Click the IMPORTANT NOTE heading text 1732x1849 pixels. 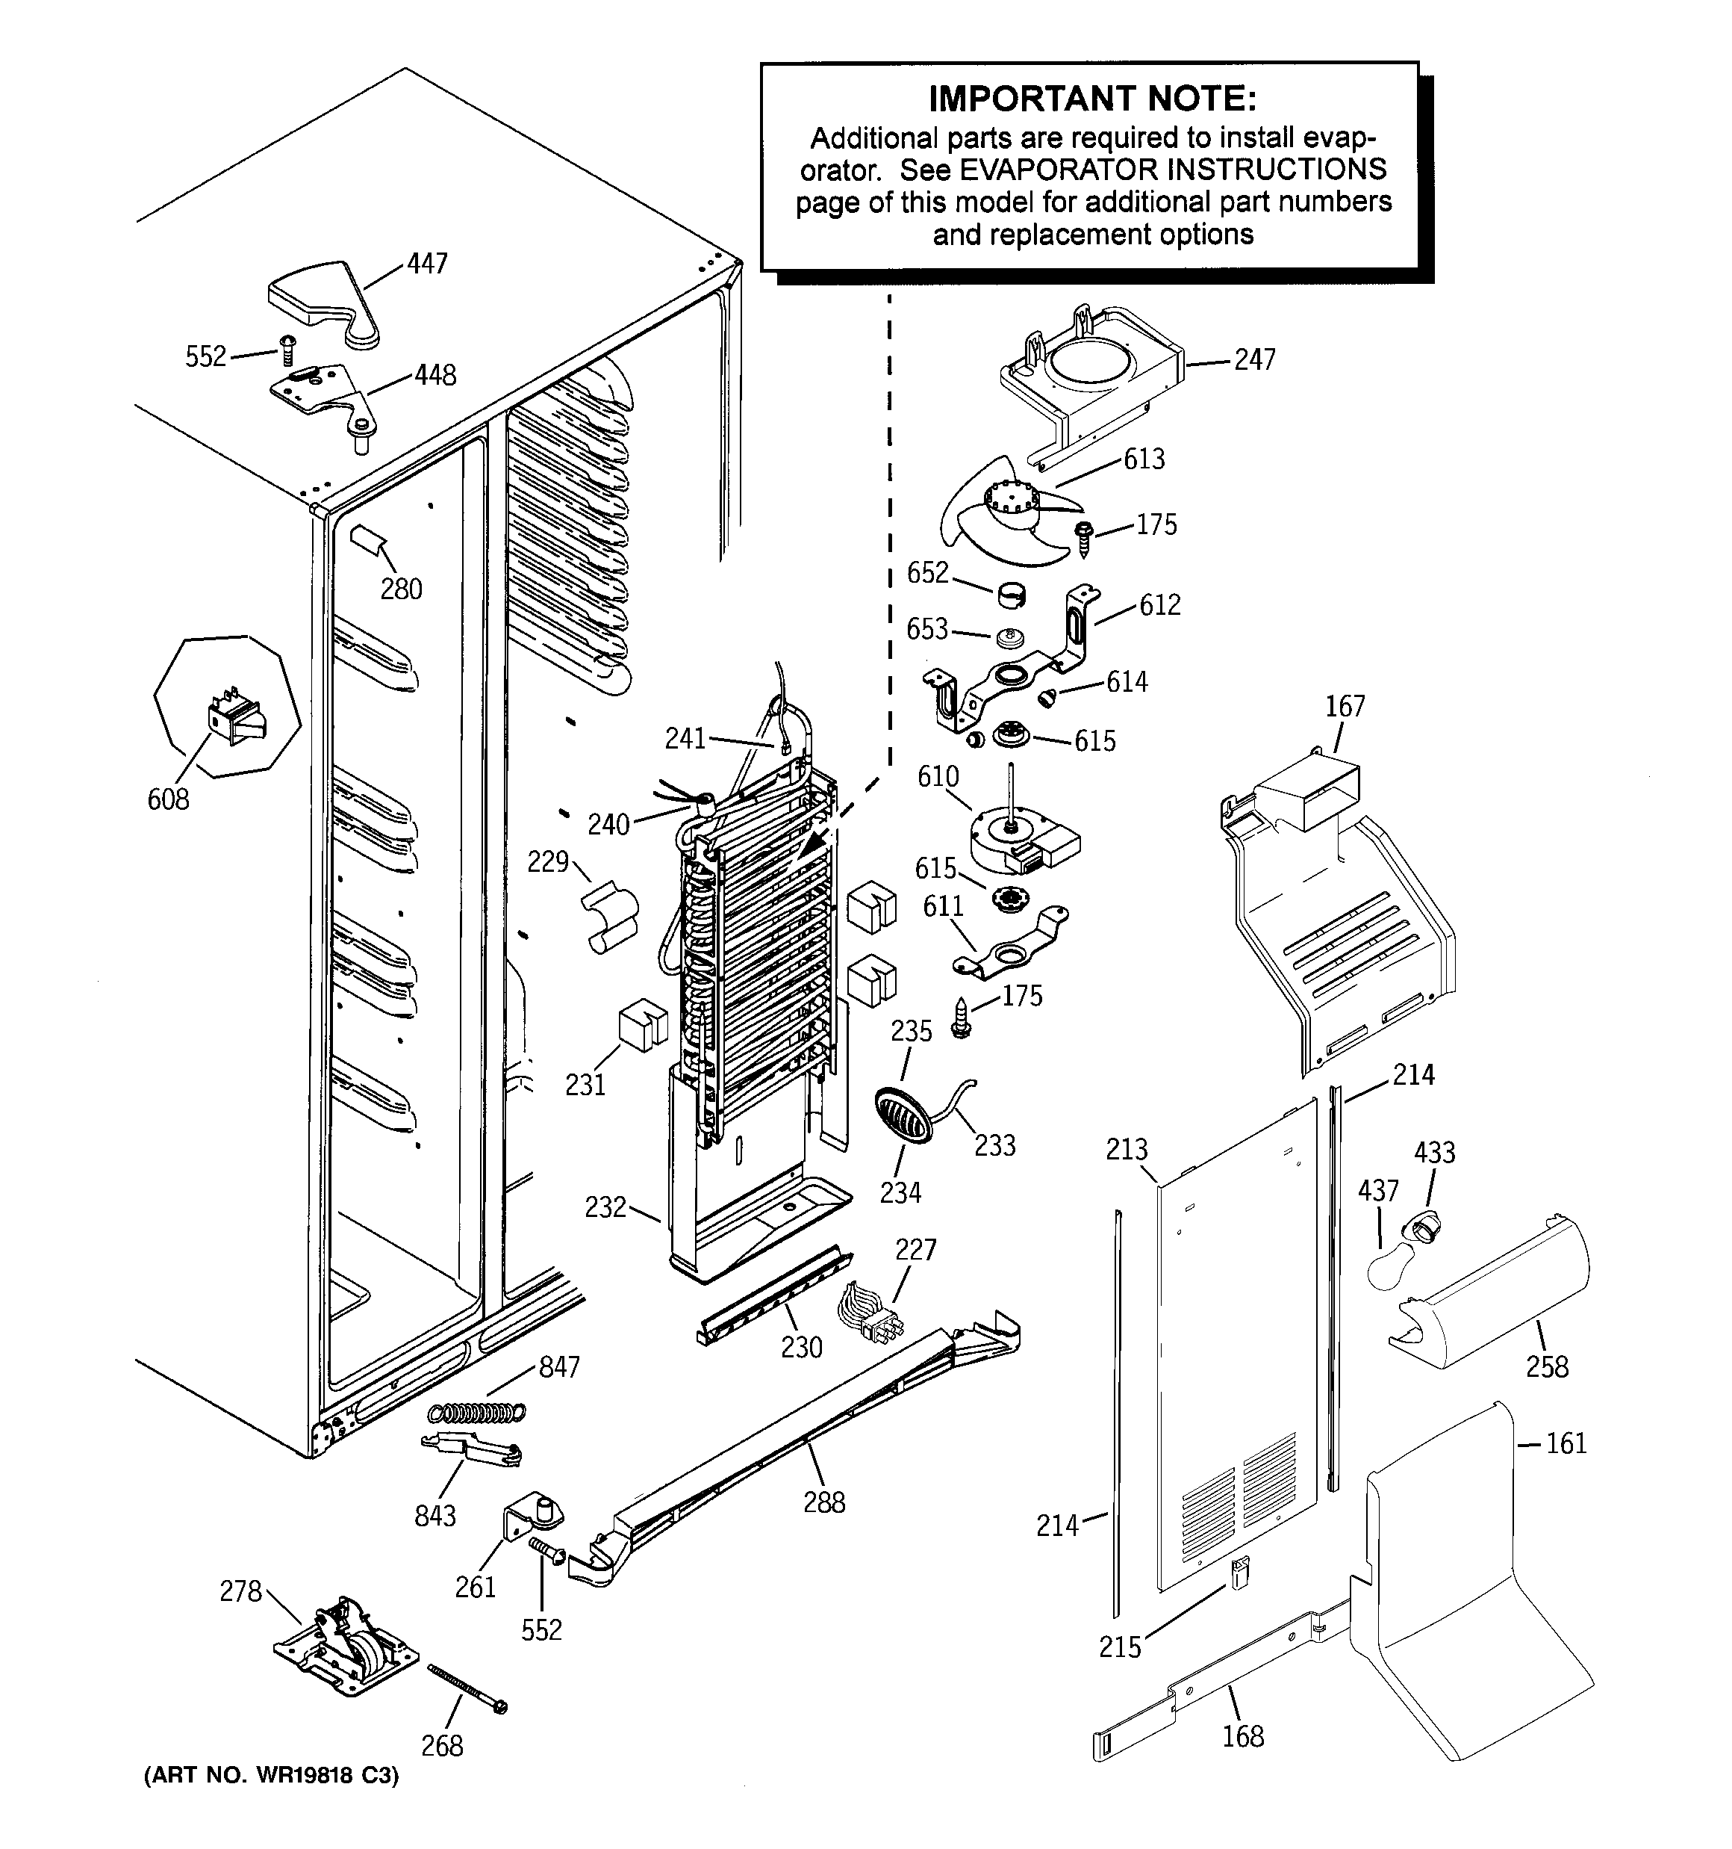1091,99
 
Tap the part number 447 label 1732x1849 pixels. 427,264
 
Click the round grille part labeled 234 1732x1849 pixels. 903,1114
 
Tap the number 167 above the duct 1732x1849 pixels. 1345,706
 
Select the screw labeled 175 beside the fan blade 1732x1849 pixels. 1083,538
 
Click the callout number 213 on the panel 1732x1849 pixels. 1127,1150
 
